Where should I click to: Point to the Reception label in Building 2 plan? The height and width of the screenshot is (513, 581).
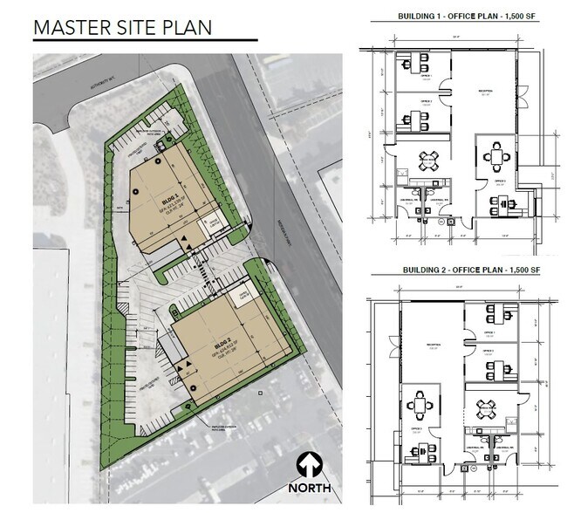coord(428,345)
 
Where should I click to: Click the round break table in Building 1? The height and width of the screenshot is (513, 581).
coord(429,160)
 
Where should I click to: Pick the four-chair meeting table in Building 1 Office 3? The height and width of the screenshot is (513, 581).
coord(498,157)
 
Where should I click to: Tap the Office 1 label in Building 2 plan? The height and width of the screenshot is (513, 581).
coord(489,332)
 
